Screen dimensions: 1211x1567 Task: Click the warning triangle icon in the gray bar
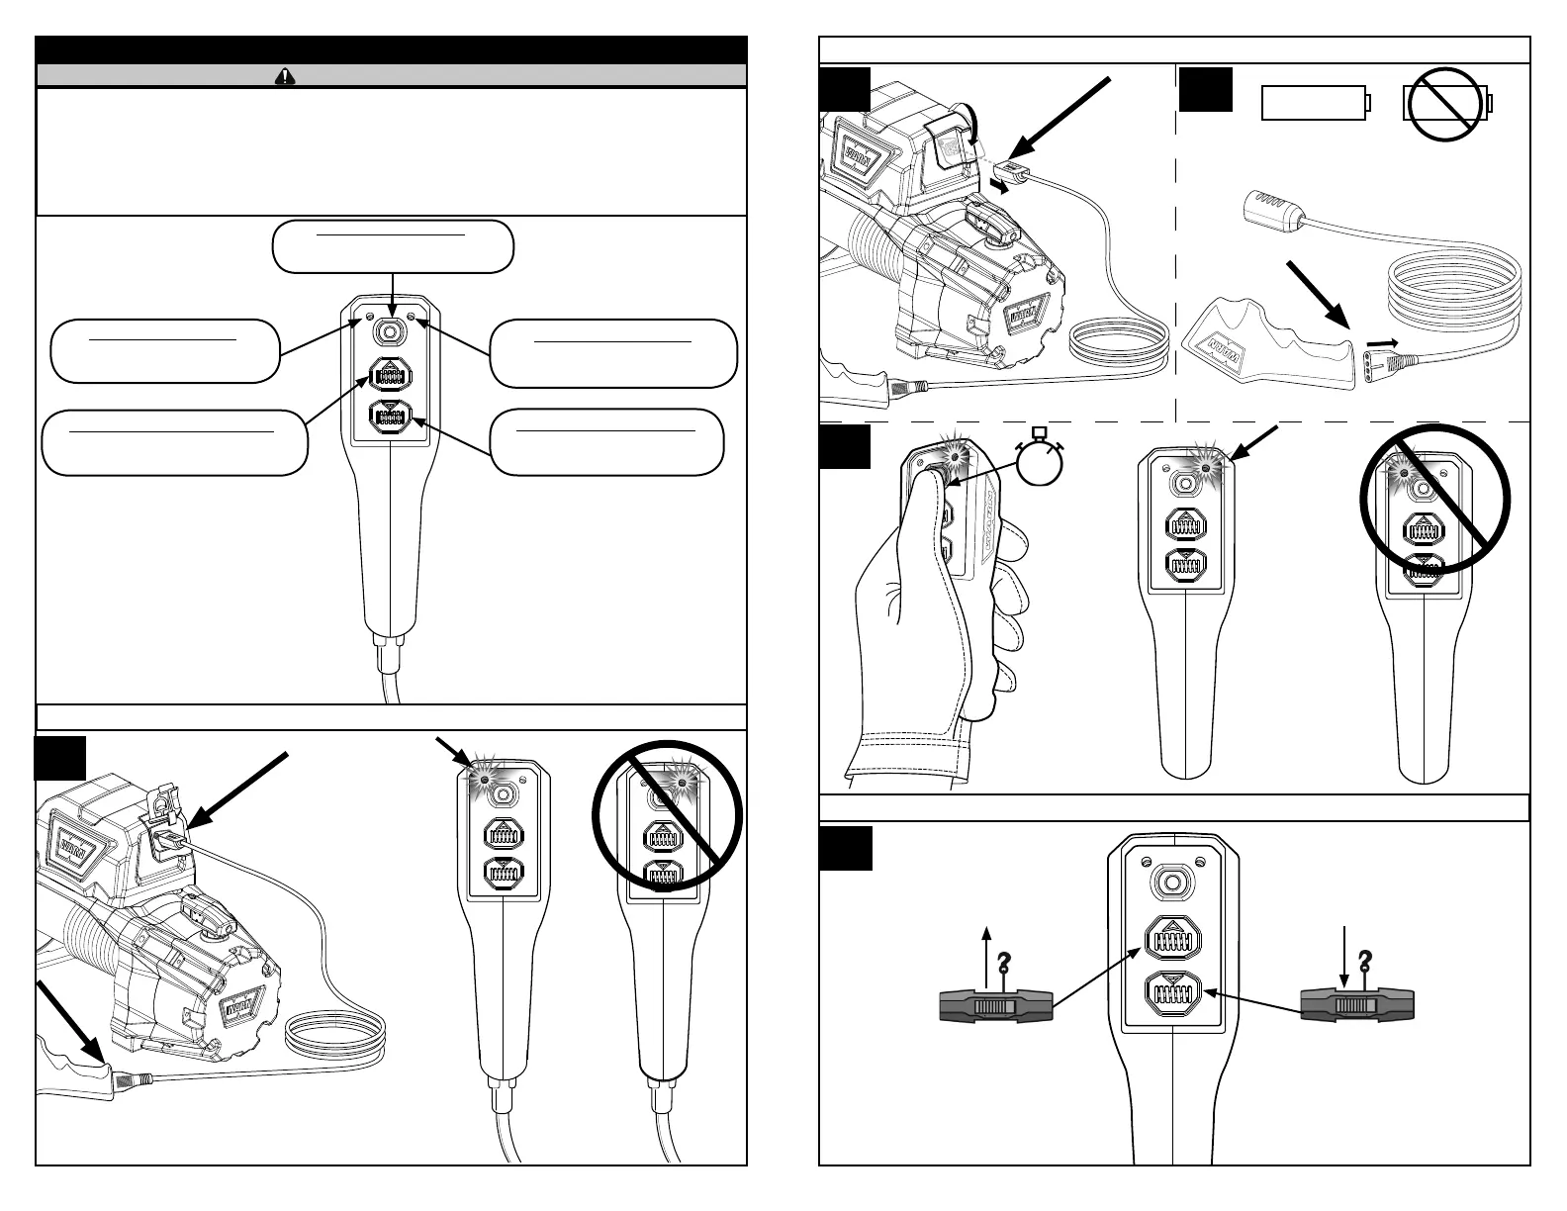285,76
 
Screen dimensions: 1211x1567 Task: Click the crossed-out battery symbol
1447,104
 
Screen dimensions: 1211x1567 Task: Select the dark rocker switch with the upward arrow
995,1007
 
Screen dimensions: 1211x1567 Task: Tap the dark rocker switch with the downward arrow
1356,1007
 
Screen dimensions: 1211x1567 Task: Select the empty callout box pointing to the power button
393,246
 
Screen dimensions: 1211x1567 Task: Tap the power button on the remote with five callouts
393,329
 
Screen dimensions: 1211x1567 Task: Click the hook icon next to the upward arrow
1005,962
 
